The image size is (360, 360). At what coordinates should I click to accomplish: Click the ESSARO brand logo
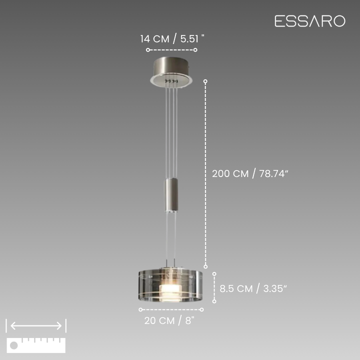[310, 21]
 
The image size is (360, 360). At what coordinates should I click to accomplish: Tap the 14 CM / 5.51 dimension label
[172, 39]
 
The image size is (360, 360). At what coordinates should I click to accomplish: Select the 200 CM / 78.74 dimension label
[250, 173]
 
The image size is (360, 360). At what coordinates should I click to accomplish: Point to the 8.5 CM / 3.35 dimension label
[253, 288]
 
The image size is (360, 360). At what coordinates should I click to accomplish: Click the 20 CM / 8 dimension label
[169, 320]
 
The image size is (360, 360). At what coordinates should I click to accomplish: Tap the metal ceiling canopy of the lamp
[171, 71]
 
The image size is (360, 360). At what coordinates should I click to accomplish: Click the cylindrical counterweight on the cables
[171, 195]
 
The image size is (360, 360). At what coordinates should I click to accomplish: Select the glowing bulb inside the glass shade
[171, 292]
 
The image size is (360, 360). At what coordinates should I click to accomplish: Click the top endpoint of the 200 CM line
[205, 81]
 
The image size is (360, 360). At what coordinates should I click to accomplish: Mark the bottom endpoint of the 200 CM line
[205, 266]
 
